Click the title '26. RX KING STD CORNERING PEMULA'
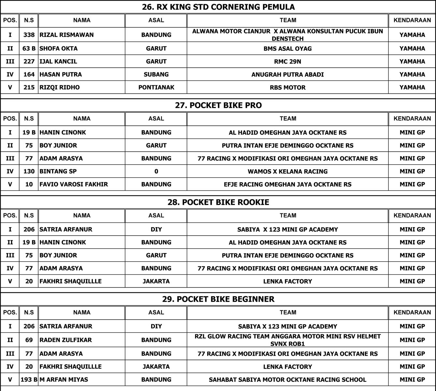click(x=218, y=7)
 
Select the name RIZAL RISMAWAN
click(x=66, y=35)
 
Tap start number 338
click(x=29, y=35)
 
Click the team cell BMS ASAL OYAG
click(x=287, y=49)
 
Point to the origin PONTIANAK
click(x=156, y=87)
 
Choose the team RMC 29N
click(x=287, y=61)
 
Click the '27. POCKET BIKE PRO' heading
click(x=218, y=105)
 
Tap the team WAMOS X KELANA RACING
click(x=287, y=171)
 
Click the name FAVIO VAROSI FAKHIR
click(x=73, y=184)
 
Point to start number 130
click(x=29, y=171)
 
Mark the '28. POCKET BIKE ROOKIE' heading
click(x=218, y=202)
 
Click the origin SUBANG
click(x=156, y=74)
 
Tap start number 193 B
click(x=29, y=380)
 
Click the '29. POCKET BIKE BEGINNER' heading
click(x=218, y=299)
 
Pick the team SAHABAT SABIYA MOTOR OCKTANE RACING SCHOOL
click(x=287, y=380)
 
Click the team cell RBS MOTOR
click(x=287, y=87)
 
